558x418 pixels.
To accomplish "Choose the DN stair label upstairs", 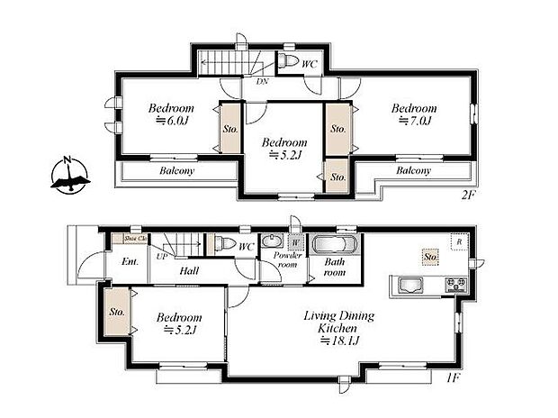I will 262,82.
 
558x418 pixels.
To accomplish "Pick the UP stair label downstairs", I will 162,257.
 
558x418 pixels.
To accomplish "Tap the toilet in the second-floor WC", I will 287,61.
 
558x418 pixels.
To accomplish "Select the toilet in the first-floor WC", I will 220,243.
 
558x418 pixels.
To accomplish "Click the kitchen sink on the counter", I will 409,287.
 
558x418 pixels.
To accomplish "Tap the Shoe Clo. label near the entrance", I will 135,238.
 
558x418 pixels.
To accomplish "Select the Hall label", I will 189,270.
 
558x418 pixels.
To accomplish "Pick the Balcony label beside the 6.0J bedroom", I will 176,170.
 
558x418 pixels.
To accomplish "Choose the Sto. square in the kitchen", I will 429,257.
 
